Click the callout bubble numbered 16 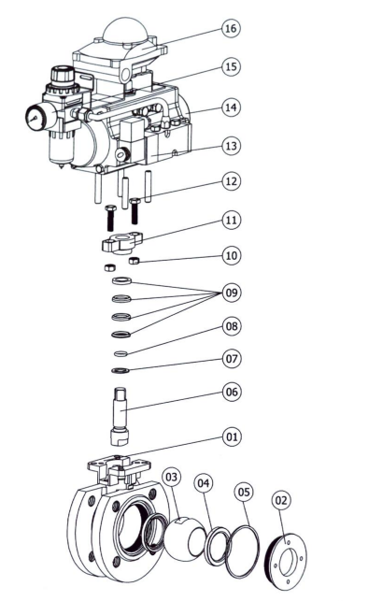tap(231, 28)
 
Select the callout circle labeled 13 tap(232, 146)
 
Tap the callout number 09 tap(232, 293)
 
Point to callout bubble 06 tap(232, 392)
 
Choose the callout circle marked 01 tap(232, 436)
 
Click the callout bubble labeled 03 tap(171, 477)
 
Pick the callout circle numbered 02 tap(281, 500)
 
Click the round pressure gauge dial tap(35, 117)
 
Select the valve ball tap(185, 539)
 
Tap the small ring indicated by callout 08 tap(120, 352)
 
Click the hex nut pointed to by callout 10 tap(134, 261)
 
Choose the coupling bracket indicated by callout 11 tap(121, 242)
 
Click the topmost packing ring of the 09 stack tap(121, 280)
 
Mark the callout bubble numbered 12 tap(232, 181)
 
